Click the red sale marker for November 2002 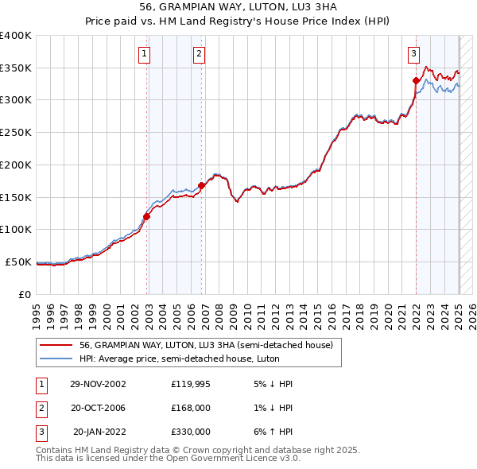pos(147,215)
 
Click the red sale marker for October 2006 pos(202,185)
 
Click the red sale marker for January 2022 pos(416,80)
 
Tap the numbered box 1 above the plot pos(144,54)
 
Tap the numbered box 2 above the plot pos(199,54)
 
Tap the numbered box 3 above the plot pos(413,54)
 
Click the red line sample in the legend pos(56,345)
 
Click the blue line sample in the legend pos(56,359)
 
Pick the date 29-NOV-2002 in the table pos(98,384)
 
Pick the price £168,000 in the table pos(190,408)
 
